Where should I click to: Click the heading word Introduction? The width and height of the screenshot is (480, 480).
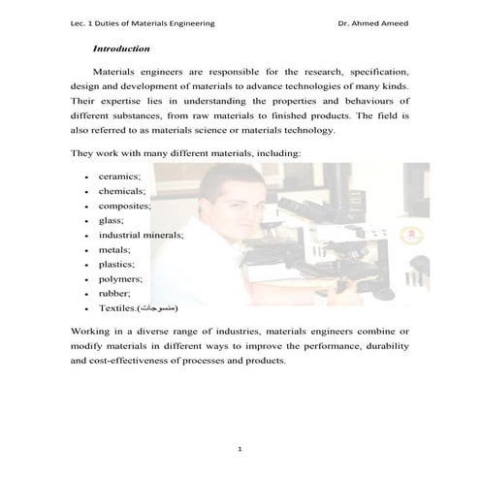[x=120, y=48]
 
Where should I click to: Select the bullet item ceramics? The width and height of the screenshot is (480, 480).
[x=119, y=176]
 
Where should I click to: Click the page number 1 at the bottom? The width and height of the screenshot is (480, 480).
[x=240, y=449]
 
